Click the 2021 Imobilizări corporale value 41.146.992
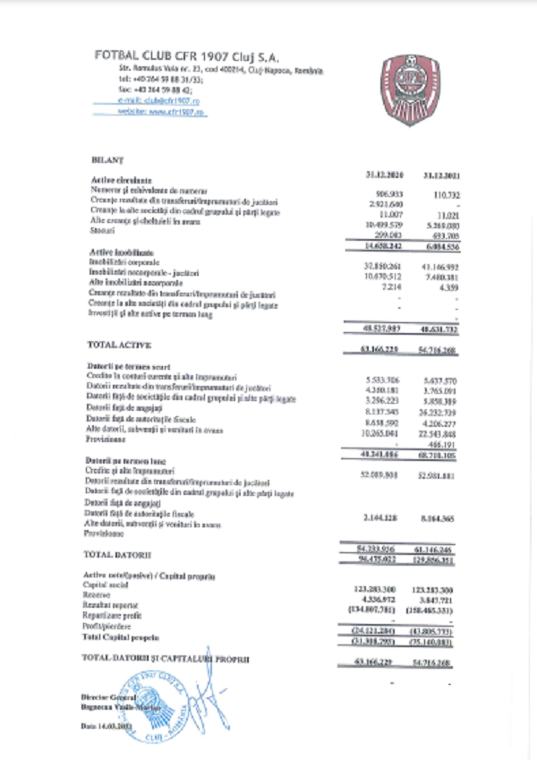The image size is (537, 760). point(440,267)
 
